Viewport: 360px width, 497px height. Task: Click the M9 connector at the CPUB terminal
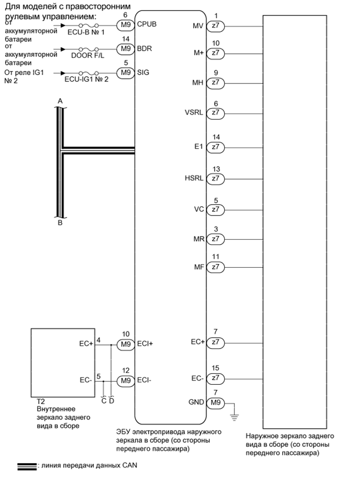(125, 24)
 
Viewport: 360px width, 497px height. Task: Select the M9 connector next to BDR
(125, 49)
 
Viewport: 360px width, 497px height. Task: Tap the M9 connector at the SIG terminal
(125, 73)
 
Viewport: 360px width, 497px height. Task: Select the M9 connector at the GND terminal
(215, 403)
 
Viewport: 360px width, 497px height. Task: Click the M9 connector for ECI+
(125, 344)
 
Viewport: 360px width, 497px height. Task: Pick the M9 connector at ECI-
(125, 381)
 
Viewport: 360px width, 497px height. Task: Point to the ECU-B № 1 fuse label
(87, 32)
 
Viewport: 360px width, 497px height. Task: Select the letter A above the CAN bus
(60, 100)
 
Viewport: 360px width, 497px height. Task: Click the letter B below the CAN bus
(60, 222)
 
